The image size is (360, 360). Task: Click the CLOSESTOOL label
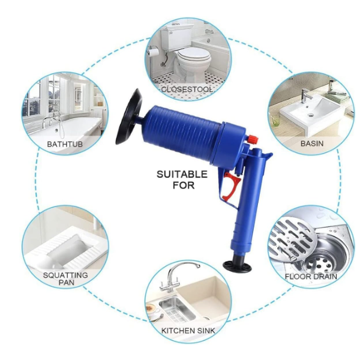pos(187,89)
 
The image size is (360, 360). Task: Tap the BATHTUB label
pos(65,144)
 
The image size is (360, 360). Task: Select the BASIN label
pos(312,143)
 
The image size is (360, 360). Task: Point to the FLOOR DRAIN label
pos(311,277)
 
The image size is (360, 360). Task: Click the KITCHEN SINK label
pos(188,331)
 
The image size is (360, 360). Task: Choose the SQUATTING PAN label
pos(65,278)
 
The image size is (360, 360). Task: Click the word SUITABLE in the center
pos(182,175)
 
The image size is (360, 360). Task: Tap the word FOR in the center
pos(184,185)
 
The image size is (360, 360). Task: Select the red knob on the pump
pos(253,140)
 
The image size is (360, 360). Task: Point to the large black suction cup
pos(128,116)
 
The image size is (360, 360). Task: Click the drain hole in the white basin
pos(311,115)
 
